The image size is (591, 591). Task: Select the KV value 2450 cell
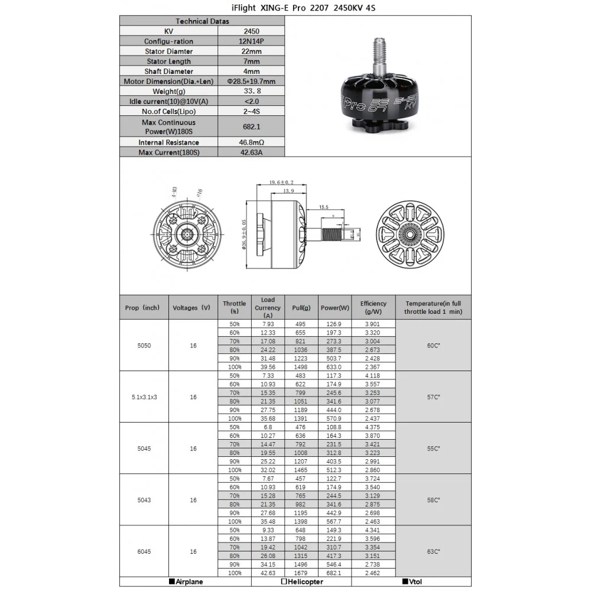251,31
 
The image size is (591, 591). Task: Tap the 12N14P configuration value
251,41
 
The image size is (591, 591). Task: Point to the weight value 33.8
251,92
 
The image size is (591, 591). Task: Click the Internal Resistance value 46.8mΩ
251,142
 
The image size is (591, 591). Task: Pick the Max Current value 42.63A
251,152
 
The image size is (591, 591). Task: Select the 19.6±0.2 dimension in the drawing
281,183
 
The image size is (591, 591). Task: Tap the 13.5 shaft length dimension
324,207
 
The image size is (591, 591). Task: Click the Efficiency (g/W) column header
374,307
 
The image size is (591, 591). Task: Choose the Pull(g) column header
301,308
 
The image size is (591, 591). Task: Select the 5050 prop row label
144,345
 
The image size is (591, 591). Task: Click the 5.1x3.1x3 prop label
144,397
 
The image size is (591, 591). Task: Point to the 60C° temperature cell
433,345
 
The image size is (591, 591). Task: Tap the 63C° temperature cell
433,551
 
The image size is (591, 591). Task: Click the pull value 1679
301,573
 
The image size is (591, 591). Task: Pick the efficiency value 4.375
374,427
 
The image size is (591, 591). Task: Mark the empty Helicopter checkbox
284,582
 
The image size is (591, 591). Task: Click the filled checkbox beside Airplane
171,582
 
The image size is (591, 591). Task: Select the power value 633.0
335,367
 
